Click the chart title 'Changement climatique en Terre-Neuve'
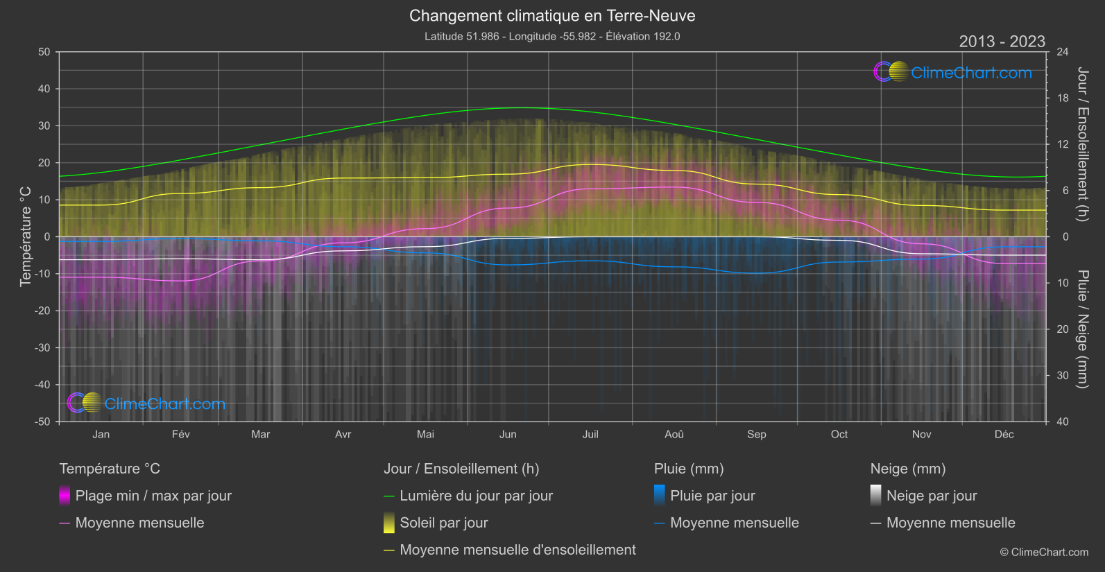click(x=552, y=16)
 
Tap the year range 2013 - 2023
click(x=1002, y=42)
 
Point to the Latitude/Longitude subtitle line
click(x=552, y=36)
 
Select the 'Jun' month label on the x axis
click(x=508, y=434)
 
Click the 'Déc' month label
click(x=1004, y=434)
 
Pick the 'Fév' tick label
click(x=180, y=434)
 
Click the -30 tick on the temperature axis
click(x=43, y=347)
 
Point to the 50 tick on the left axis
click(x=44, y=52)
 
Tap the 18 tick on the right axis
click(x=1063, y=98)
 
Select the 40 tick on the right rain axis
click(x=1063, y=422)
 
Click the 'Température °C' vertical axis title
click(x=26, y=236)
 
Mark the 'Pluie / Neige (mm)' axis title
click(x=1082, y=329)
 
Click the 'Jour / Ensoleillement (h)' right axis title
click(x=1082, y=144)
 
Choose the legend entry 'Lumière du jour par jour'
click(x=476, y=496)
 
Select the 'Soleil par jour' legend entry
click(x=444, y=523)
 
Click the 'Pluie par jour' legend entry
click(x=712, y=496)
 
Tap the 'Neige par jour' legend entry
click(x=932, y=496)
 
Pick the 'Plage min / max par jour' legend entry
click(x=153, y=496)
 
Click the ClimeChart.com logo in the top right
click(x=953, y=72)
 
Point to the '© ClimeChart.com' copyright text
click(x=1044, y=552)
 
